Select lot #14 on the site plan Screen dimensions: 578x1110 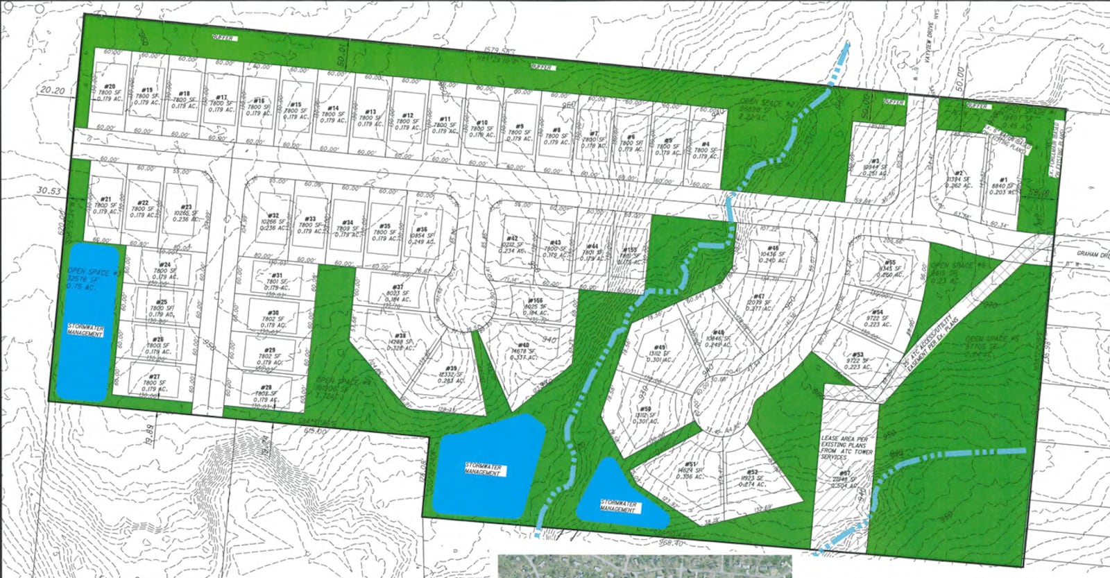tap(333, 114)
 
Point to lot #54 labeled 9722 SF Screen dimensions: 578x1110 tap(877, 318)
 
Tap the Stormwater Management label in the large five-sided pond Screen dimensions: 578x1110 tap(484, 470)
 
